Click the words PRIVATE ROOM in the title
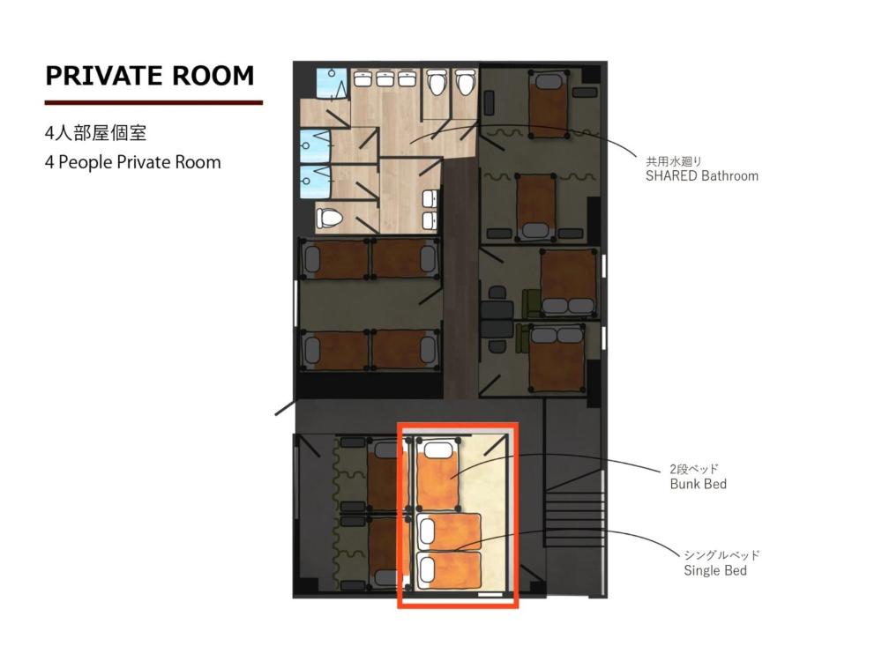pos(150,75)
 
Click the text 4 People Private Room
pos(132,162)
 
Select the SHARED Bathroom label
pos(702,175)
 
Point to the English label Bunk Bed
pos(699,484)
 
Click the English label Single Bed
pos(715,570)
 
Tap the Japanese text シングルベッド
pos(721,555)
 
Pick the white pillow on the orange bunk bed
pos(438,450)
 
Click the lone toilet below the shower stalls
pos(328,217)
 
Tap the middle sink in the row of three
pos(385,79)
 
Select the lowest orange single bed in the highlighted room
pos(449,571)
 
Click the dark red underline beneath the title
pos(153,102)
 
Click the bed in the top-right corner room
pos(549,103)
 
